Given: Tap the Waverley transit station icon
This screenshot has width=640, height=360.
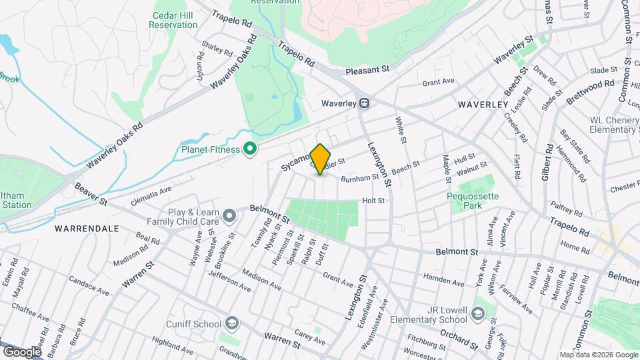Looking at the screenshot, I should coord(365,103).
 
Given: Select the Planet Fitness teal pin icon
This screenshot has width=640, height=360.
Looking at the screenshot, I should coord(251,149).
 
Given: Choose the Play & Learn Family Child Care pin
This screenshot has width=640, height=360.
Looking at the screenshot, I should coord(229,215).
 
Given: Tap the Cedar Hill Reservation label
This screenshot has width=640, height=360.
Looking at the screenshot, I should coord(173,20).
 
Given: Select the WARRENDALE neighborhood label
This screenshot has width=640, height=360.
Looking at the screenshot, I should coord(87,228).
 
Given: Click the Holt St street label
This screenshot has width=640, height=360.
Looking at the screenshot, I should coord(373,200).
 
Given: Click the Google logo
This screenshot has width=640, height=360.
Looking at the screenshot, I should coord(22,351).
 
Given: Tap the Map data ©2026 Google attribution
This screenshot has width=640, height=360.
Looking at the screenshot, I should coord(598,355).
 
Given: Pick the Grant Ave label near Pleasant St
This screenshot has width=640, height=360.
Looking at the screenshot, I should coord(438,82).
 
